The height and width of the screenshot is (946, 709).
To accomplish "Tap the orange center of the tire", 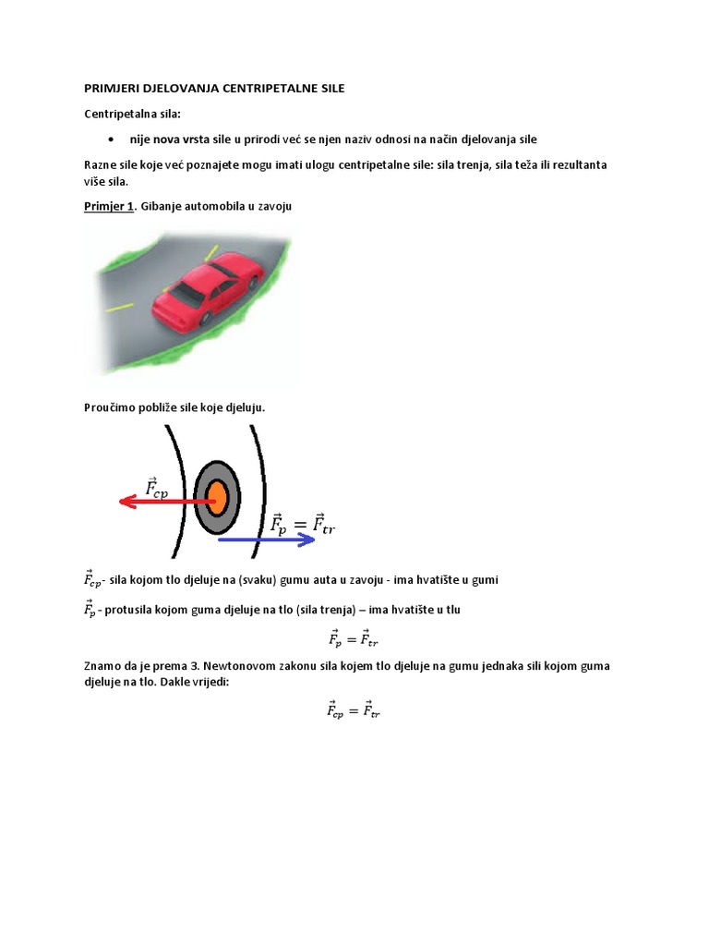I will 217,499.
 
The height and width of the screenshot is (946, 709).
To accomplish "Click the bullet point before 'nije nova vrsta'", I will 111,139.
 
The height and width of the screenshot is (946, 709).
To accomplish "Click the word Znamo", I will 103,665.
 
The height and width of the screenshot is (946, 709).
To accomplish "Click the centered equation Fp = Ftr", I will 354,637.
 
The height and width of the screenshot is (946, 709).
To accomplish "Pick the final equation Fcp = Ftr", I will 354,709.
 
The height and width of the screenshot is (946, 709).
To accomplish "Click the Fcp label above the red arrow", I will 163,486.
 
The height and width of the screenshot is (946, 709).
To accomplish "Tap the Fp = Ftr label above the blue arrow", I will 302,524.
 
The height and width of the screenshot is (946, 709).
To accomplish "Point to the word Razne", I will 102,164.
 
